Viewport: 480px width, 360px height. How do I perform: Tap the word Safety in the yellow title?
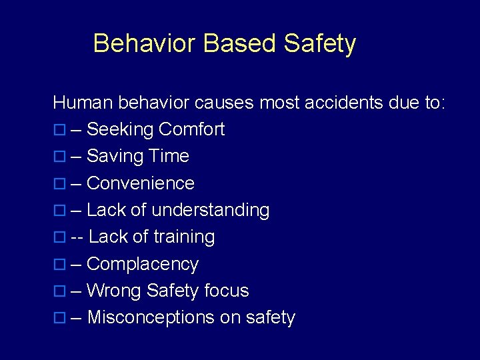point(319,45)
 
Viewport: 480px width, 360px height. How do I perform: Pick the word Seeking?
point(118,130)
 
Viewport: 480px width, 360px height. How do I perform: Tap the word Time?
point(169,156)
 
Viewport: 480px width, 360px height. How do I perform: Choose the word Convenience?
point(141,183)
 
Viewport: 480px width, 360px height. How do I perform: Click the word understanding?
point(211,211)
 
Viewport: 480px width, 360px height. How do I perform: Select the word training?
point(184,237)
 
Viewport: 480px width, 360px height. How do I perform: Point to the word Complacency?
point(143,265)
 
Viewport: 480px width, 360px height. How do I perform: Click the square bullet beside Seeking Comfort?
point(59,130)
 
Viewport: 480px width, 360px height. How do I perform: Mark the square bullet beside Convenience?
point(59,184)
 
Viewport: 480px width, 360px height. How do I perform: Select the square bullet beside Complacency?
point(59,265)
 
